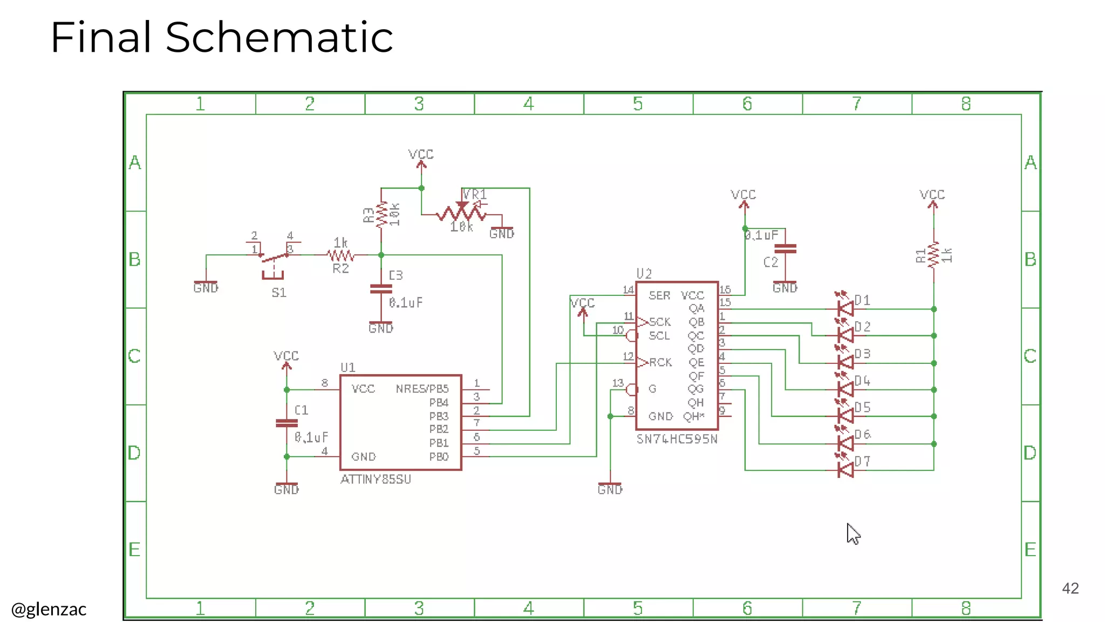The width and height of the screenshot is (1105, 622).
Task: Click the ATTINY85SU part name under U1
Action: click(376, 479)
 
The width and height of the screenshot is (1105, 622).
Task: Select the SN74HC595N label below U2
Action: click(677, 439)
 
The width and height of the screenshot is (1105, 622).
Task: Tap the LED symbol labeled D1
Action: click(845, 309)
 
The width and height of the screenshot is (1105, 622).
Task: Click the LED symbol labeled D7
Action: click(845, 470)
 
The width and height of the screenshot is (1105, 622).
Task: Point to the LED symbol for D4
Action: click(845, 389)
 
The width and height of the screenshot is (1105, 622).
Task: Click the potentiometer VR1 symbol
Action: click(462, 213)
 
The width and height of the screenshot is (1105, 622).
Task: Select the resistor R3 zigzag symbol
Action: click(381, 214)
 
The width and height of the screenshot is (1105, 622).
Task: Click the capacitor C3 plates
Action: click(381, 289)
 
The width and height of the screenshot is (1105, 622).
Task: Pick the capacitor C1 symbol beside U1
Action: click(287, 423)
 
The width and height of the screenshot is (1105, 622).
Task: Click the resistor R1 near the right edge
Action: click(933, 255)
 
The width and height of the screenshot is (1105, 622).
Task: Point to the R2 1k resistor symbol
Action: click(340, 255)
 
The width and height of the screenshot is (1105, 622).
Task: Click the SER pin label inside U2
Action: click(659, 295)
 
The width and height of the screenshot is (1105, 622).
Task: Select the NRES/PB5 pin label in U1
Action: click(422, 389)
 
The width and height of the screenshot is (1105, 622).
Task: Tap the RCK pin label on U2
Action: click(660, 362)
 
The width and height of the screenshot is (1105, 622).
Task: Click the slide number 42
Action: click(1070, 588)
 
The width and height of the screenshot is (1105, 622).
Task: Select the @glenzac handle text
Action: click(49, 609)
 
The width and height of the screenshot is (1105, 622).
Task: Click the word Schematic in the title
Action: click(279, 37)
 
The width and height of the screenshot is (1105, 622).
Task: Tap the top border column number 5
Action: click(638, 104)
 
